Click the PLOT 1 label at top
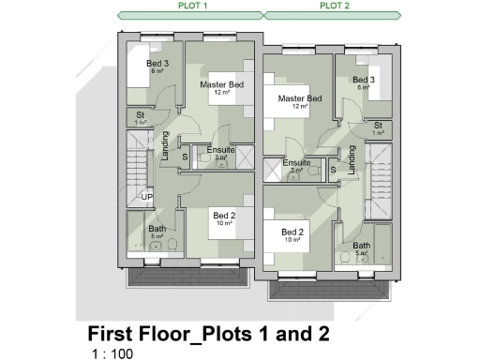point(192,5)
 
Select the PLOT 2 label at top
point(336,5)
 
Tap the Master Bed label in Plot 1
point(222,85)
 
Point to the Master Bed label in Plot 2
point(300,98)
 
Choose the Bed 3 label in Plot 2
point(364,80)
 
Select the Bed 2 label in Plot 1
point(223,214)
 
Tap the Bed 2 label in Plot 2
point(292,232)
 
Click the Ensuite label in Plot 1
point(220,150)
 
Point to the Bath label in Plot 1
point(157,229)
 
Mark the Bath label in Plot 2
point(361,246)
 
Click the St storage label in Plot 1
point(141,115)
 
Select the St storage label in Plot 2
point(378,126)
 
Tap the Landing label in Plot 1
point(165,146)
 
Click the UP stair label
point(146,197)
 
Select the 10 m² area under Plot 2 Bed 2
point(292,240)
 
